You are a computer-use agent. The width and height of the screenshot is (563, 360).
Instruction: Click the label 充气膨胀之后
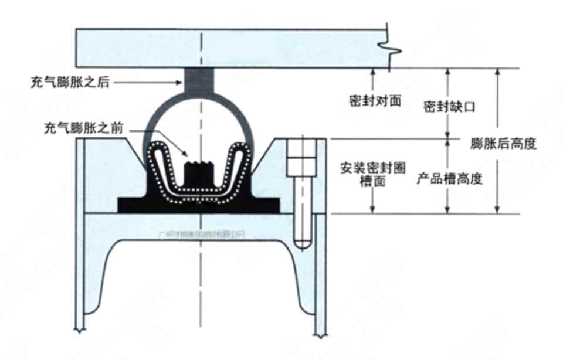pyautogui.click(x=70, y=83)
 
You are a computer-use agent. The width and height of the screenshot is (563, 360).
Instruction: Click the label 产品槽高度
pyautogui.click(x=449, y=179)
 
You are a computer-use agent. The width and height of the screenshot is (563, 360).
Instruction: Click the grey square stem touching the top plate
pyautogui.click(x=199, y=80)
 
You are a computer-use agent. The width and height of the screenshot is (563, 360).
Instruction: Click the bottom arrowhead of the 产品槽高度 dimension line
pyautogui.click(x=448, y=210)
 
